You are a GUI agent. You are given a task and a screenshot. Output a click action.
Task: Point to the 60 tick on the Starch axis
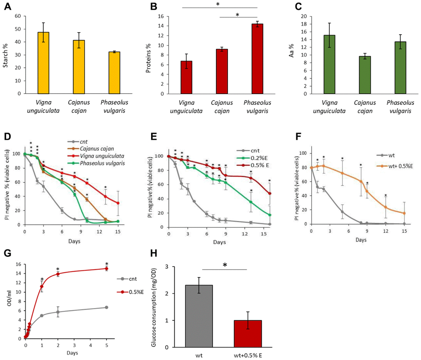pyautogui.click(x=17, y=16)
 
